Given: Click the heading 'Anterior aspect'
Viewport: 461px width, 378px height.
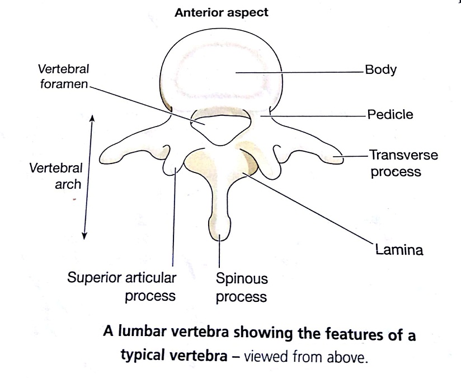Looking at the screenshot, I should point(222,13).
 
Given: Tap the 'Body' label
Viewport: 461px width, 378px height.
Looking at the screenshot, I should point(380,71).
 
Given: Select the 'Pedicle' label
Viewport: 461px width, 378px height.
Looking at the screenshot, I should point(390,115).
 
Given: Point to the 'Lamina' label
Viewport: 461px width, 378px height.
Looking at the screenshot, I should point(398,249).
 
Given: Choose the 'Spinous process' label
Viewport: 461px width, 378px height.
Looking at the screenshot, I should point(242,288).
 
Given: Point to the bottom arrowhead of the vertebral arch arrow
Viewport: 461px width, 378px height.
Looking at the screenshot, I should point(84,236).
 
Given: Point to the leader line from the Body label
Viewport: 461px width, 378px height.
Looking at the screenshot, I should point(302,72).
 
